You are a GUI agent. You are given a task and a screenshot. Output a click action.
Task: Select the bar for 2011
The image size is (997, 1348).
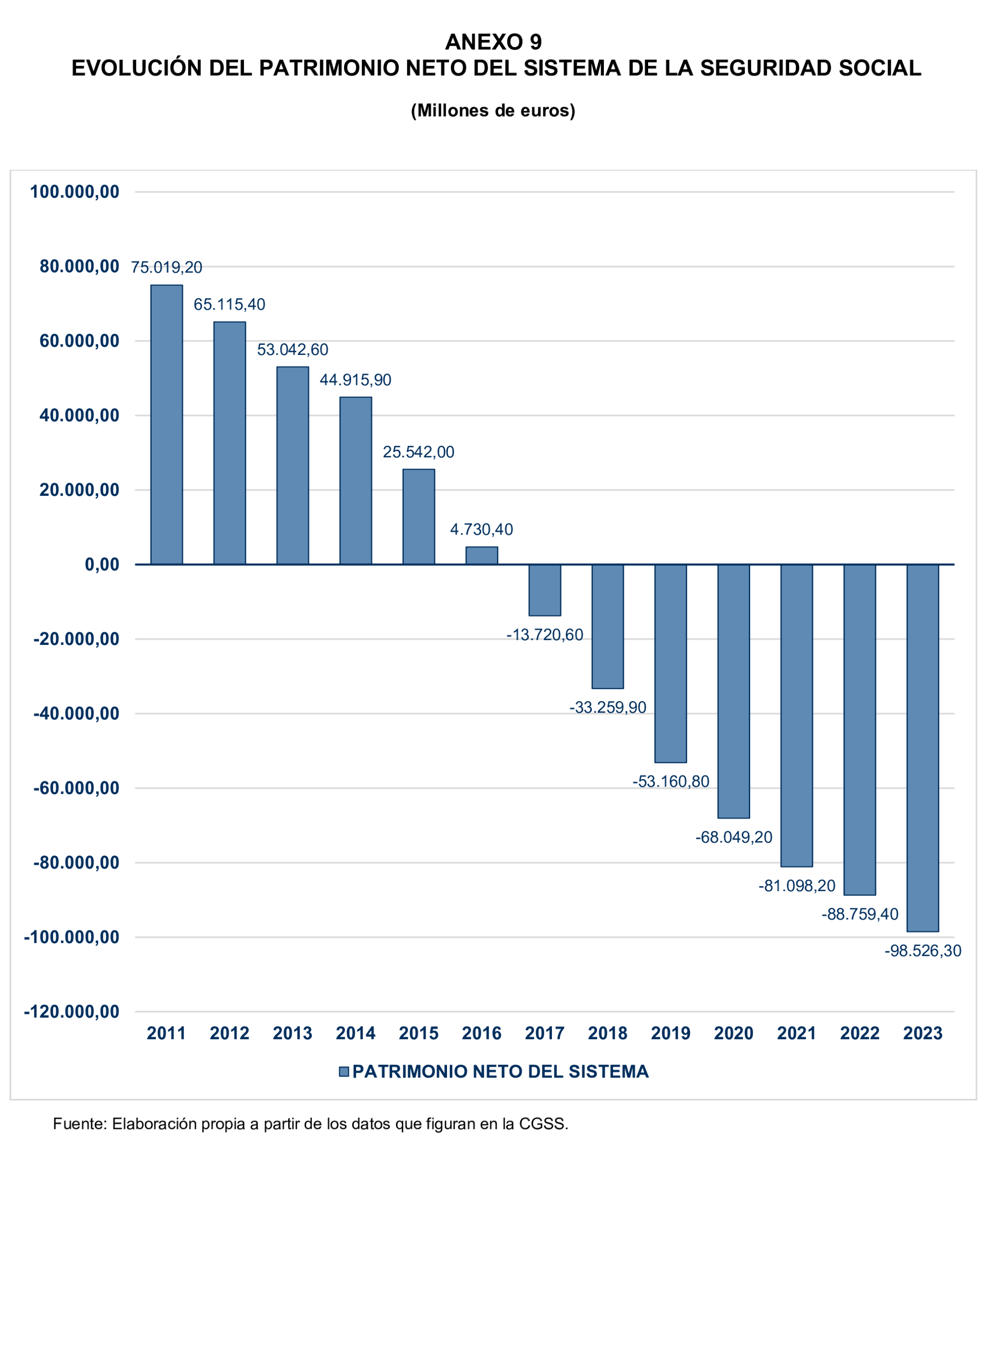point(167,424)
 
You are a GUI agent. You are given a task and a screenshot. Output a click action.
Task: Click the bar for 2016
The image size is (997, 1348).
point(481,556)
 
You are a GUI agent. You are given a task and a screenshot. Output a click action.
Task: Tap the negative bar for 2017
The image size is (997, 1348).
point(544,590)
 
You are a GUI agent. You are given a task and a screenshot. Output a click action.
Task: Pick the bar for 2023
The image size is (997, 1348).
point(922,748)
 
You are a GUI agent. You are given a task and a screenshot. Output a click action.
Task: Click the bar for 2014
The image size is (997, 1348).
point(356,481)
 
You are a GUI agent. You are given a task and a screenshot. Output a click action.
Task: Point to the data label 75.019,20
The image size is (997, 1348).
point(167,267)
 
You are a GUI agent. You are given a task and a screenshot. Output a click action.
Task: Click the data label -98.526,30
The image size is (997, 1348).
point(922,951)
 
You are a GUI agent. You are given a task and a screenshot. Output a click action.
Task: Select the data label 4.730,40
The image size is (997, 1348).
point(481,530)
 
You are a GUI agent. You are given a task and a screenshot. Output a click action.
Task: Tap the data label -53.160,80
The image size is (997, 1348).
point(670,782)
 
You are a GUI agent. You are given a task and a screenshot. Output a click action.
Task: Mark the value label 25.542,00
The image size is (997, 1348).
point(418,453)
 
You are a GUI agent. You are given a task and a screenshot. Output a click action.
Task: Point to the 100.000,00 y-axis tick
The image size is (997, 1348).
point(75,192)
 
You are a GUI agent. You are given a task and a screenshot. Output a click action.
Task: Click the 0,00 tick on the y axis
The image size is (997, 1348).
point(102,565)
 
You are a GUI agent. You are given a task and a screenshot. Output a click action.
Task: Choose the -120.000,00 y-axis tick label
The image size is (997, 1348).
point(72,1011)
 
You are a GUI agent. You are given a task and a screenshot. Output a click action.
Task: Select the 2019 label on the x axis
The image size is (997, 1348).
point(670,1033)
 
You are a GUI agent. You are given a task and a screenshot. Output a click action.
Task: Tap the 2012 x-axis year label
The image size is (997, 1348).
point(229,1033)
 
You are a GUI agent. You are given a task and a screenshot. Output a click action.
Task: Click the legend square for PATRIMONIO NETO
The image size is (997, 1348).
point(344,1072)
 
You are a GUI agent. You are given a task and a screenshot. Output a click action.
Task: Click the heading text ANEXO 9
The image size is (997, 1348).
point(493,42)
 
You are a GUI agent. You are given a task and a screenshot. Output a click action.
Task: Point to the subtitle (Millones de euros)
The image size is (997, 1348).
point(493,110)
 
